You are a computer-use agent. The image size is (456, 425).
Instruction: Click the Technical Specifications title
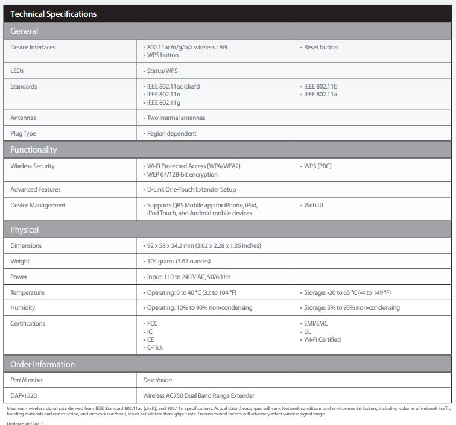(54, 14)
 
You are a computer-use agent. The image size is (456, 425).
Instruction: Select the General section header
(24, 31)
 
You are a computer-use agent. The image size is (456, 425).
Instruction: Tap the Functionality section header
(34, 150)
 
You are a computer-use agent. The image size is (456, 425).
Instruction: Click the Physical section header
(25, 230)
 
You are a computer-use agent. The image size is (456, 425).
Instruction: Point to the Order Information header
(43, 364)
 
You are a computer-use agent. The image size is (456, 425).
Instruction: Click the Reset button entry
(321, 47)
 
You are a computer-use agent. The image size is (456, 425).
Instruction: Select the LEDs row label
(17, 71)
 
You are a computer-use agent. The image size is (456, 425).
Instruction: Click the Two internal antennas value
(176, 118)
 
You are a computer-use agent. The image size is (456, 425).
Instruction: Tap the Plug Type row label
(24, 133)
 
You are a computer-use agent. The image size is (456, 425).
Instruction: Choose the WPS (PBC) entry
(317, 166)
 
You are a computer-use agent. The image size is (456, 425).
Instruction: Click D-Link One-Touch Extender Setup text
(192, 189)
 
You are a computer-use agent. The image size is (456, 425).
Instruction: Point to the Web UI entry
(314, 205)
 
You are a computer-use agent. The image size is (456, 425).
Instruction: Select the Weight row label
(20, 261)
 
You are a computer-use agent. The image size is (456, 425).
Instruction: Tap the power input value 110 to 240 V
(189, 277)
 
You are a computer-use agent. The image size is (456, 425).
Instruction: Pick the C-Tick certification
(155, 347)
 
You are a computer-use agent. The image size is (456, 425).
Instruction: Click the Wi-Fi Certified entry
(322, 339)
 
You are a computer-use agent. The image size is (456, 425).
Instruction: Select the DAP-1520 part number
(24, 395)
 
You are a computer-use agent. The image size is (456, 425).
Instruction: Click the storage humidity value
(352, 307)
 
